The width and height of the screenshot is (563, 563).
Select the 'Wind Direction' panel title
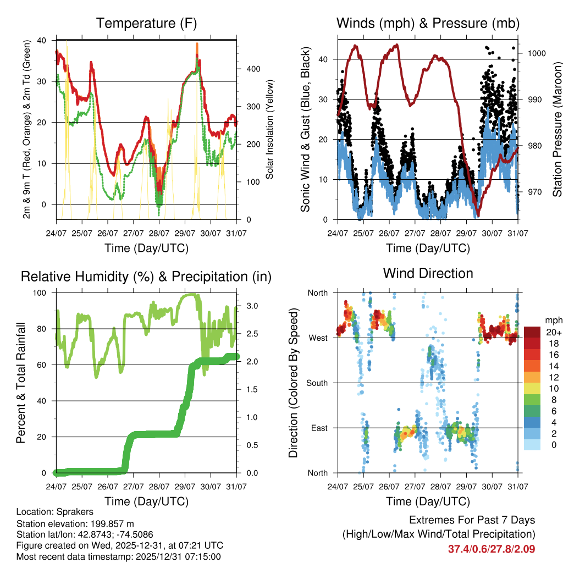[x=428, y=273]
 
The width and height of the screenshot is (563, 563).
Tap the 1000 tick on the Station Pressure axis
[x=537, y=53]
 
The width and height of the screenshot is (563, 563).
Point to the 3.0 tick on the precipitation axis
[x=247, y=306]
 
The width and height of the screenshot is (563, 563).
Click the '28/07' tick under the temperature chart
[x=158, y=234]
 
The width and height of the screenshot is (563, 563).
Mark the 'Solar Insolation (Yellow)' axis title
[x=270, y=129]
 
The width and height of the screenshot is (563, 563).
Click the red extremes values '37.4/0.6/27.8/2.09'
[x=492, y=549]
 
